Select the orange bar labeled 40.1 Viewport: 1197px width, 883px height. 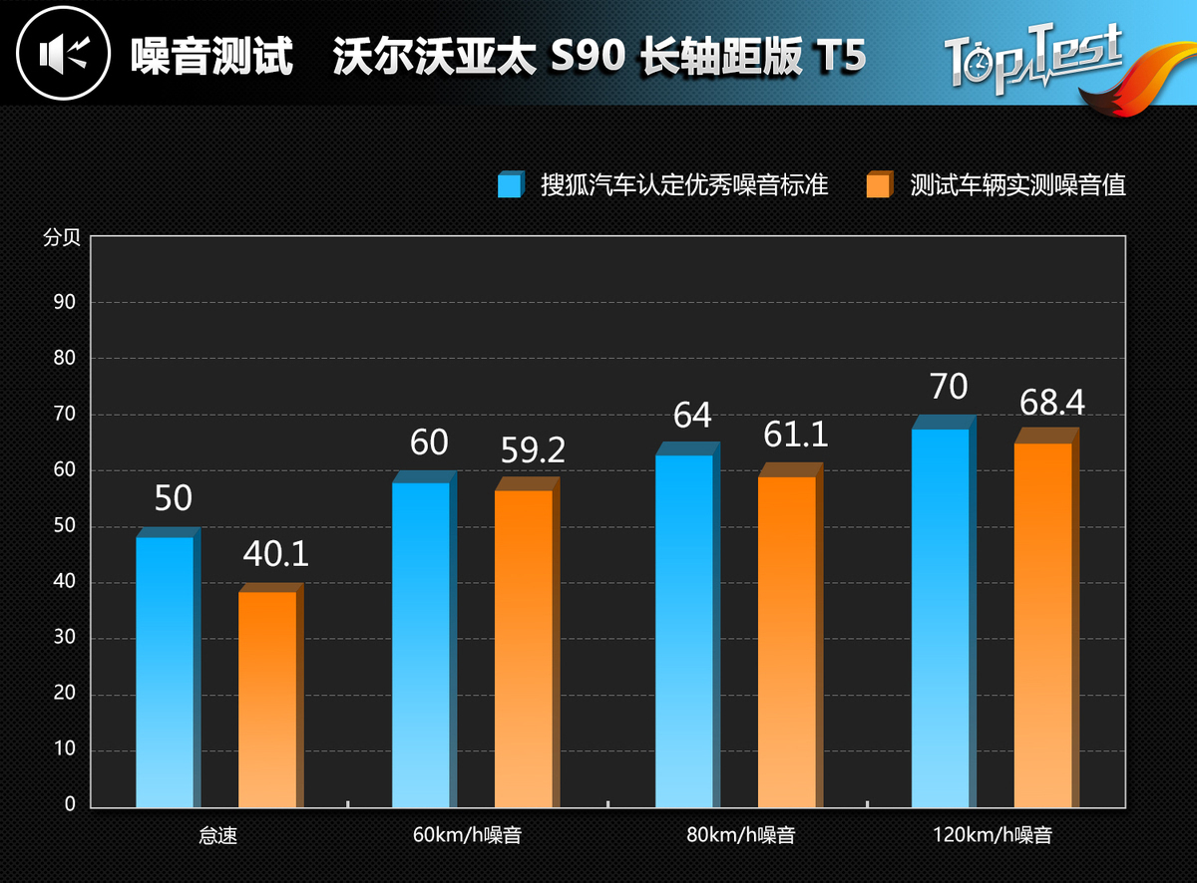pyautogui.click(x=267, y=698)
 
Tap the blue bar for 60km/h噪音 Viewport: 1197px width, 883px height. pyautogui.click(x=421, y=644)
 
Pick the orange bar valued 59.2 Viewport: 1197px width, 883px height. pyautogui.click(x=524, y=648)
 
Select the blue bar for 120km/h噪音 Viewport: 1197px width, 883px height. pyautogui.click(x=941, y=617)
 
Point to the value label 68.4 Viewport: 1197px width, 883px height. pyautogui.click(x=1051, y=403)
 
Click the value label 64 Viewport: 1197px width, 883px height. pyautogui.click(x=692, y=416)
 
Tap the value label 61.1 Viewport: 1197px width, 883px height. pyautogui.click(x=795, y=435)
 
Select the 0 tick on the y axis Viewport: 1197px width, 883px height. pyautogui.click(x=70, y=804)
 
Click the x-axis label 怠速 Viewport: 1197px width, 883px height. pyautogui.click(x=218, y=835)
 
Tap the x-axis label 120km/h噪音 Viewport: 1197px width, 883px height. pyautogui.click(x=993, y=835)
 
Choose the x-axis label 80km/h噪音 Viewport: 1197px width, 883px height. pyautogui.click(x=740, y=835)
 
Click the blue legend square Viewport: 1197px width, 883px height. pyautogui.click(x=510, y=185)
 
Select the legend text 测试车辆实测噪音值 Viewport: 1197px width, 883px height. pyautogui.click(x=1017, y=185)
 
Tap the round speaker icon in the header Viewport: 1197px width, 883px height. pyautogui.click(x=62, y=53)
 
